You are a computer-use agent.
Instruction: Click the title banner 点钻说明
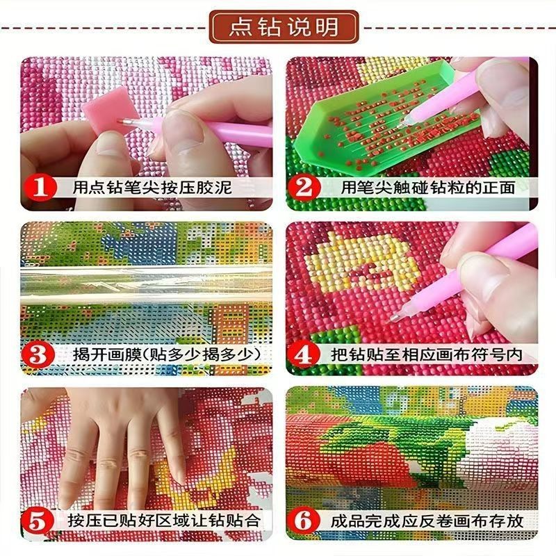(x=284, y=27)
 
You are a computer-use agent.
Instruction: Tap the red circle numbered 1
(x=40, y=187)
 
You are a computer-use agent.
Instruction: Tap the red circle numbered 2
(x=304, y=187)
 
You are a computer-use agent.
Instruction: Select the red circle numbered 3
(x=38, y=354)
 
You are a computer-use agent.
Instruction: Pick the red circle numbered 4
(x=303, y=354)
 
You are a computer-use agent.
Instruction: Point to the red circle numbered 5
(x=38, y=521)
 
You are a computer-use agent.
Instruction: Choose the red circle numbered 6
(x=303, y=521)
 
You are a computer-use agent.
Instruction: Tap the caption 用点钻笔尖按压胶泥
(x=152, y=187)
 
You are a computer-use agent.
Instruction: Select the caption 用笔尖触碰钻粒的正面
(x=427, y=187)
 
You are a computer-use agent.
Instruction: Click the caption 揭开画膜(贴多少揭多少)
(x=167, y=354)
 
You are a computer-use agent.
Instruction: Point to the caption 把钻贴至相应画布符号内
(x=427, y=354)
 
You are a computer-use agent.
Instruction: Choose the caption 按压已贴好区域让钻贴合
(x=164, y=521)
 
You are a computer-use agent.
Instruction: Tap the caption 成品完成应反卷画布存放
(x=427, y=521)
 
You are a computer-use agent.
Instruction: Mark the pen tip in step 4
(x=393, y=318)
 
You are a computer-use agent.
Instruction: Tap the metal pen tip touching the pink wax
(x=125, y=122)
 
